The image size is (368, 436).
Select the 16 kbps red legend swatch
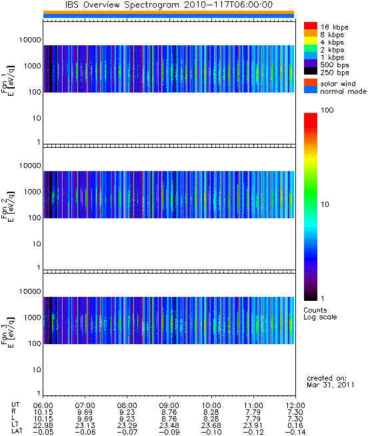[x=311, y=26]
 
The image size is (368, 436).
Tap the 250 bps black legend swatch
[x=311, y=71]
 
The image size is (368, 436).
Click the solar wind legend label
[x=338, y=84]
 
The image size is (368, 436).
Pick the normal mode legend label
[x=343, y=91]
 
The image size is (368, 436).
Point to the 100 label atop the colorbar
[x=327, y=110]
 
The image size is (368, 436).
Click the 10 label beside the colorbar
[x=325, y=204]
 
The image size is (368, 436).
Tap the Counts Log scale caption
[x=320, y=314]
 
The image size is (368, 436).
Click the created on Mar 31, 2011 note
[x=331, y=381]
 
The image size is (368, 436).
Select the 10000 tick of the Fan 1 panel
[x=30, y=40]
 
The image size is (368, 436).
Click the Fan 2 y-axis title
[x=8, y=206]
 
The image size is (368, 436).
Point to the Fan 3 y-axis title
[x=8, y=332]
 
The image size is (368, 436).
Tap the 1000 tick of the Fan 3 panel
[x=32, y=318]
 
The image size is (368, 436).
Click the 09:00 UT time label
[x=169, y=405]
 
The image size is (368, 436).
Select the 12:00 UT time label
[x=295, y=405]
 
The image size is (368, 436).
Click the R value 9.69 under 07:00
[x=85, y=412]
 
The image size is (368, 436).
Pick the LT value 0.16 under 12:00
[x=295, y=425]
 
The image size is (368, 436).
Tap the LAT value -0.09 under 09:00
[x=169, y=432]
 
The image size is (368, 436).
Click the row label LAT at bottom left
[x=17, y=432]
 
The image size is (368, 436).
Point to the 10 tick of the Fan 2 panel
[x=37, y=244]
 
